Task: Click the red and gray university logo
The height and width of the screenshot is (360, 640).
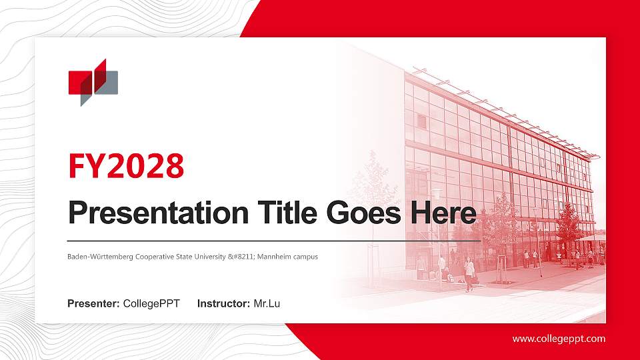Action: tap(93, 82)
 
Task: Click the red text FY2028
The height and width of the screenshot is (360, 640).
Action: tap(126, 166)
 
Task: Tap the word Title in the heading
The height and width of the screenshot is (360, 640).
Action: tap(279, 213)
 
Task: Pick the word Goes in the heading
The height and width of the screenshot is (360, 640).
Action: tap(360, 213)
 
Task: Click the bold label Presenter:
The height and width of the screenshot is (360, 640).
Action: tap(93, 304)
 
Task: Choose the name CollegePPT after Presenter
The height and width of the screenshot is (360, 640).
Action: tap(151, 304)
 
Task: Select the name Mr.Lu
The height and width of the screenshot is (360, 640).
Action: tap(267, 304)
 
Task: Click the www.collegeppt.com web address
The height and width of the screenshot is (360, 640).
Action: tap(559, 339)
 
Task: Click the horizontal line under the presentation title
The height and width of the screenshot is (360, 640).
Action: tap(273, 239)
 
